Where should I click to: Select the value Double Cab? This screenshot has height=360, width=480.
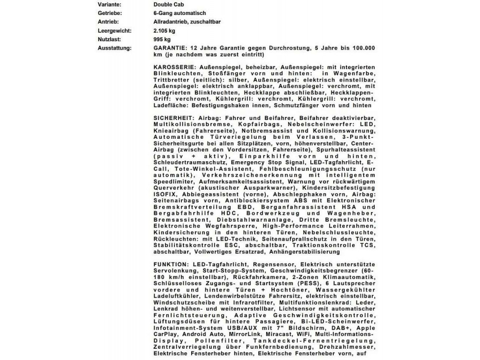(167, 4)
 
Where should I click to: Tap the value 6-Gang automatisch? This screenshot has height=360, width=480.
(180, 13)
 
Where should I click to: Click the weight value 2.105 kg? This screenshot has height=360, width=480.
(164, 31)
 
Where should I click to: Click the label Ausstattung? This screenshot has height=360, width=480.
(115, 48)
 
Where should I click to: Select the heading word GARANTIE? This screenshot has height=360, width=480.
(170, 48)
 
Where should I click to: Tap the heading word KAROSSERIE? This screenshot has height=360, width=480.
(173, 67)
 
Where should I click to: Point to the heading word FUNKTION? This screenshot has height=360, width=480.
(170, 265)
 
